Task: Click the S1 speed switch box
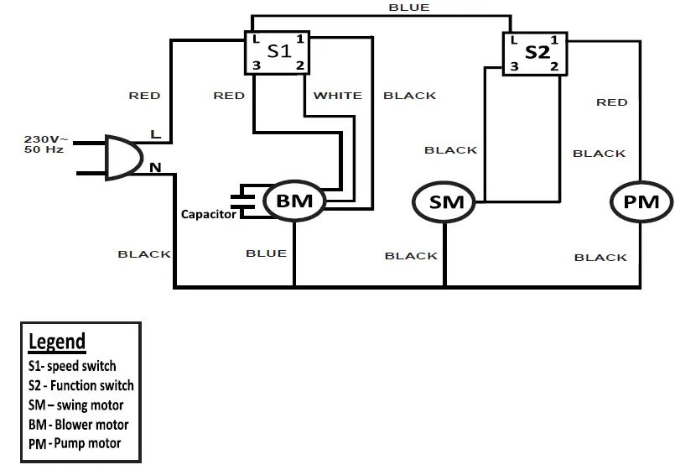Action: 278,53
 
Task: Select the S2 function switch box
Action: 535,55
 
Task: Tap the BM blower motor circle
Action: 293,201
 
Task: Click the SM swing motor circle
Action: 444,202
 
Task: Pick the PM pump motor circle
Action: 641,202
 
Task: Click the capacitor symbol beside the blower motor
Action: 247,199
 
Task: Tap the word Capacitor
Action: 209,215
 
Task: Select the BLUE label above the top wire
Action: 409,8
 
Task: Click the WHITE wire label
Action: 337,96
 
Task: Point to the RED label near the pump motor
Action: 611,102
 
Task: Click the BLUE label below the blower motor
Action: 266,253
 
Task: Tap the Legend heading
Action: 57,342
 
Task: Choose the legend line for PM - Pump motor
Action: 74,443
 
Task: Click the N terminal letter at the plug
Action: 155,168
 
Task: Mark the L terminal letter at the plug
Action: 154,134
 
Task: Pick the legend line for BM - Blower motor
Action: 78,425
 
